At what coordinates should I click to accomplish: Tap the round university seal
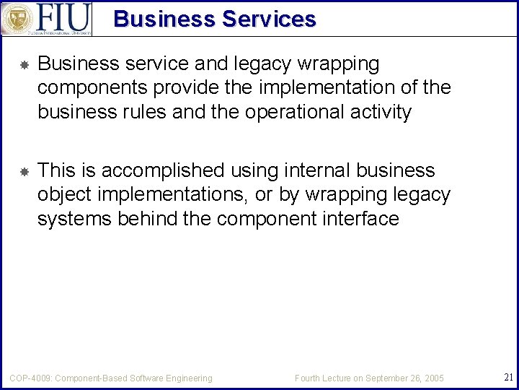(16, 19)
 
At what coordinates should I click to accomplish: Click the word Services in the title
(268, 19)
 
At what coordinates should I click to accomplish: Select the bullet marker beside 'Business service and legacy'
(24, 65)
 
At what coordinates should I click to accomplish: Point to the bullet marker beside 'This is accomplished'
(24, 172)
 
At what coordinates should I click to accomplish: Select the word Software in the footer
(150, 378)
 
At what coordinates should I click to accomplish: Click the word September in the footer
(389, 378)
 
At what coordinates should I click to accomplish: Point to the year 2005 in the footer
(434, 378)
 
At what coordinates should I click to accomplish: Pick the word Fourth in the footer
(309, 378)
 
